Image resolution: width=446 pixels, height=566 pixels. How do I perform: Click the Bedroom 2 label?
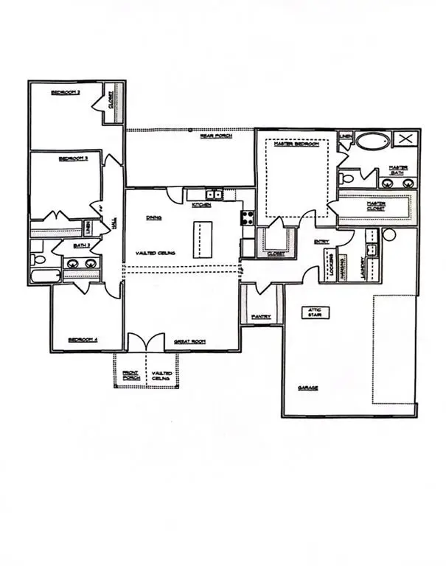tap(65, 92)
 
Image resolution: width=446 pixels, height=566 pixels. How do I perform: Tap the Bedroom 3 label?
tap(74, 158)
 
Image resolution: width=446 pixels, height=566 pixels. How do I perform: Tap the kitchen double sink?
tap(214, 195)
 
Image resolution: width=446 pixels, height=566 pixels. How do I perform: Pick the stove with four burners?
tap(248, 217)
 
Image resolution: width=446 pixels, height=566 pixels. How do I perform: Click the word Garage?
tap(308, 388)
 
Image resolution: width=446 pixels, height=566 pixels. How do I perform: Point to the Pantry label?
tap(260, 317)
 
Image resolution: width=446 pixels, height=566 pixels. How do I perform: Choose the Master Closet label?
tap(376, 206)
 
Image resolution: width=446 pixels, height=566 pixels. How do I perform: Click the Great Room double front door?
tap(145, 343)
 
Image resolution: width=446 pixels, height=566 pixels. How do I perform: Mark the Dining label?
tap(154, 217)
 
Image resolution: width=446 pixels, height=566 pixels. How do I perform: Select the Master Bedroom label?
tap(296, 144)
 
